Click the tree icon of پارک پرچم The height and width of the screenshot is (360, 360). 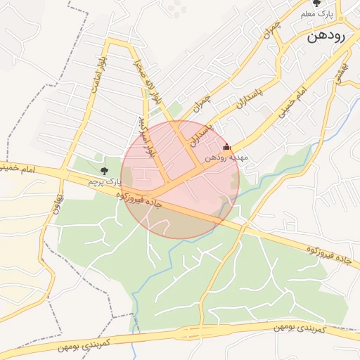[x=105, y=170]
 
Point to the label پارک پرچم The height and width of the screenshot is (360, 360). [x=101, y=182]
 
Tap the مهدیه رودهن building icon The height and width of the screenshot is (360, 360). [x=226, y=148]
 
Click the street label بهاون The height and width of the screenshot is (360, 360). [x=58, y=204]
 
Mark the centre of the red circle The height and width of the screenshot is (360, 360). [x=180, y=179]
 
